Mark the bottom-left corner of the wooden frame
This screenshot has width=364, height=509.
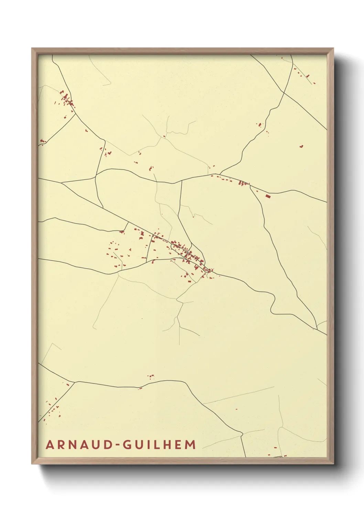32,463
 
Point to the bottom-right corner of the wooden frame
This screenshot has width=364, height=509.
333,463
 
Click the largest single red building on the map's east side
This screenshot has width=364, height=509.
268,196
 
